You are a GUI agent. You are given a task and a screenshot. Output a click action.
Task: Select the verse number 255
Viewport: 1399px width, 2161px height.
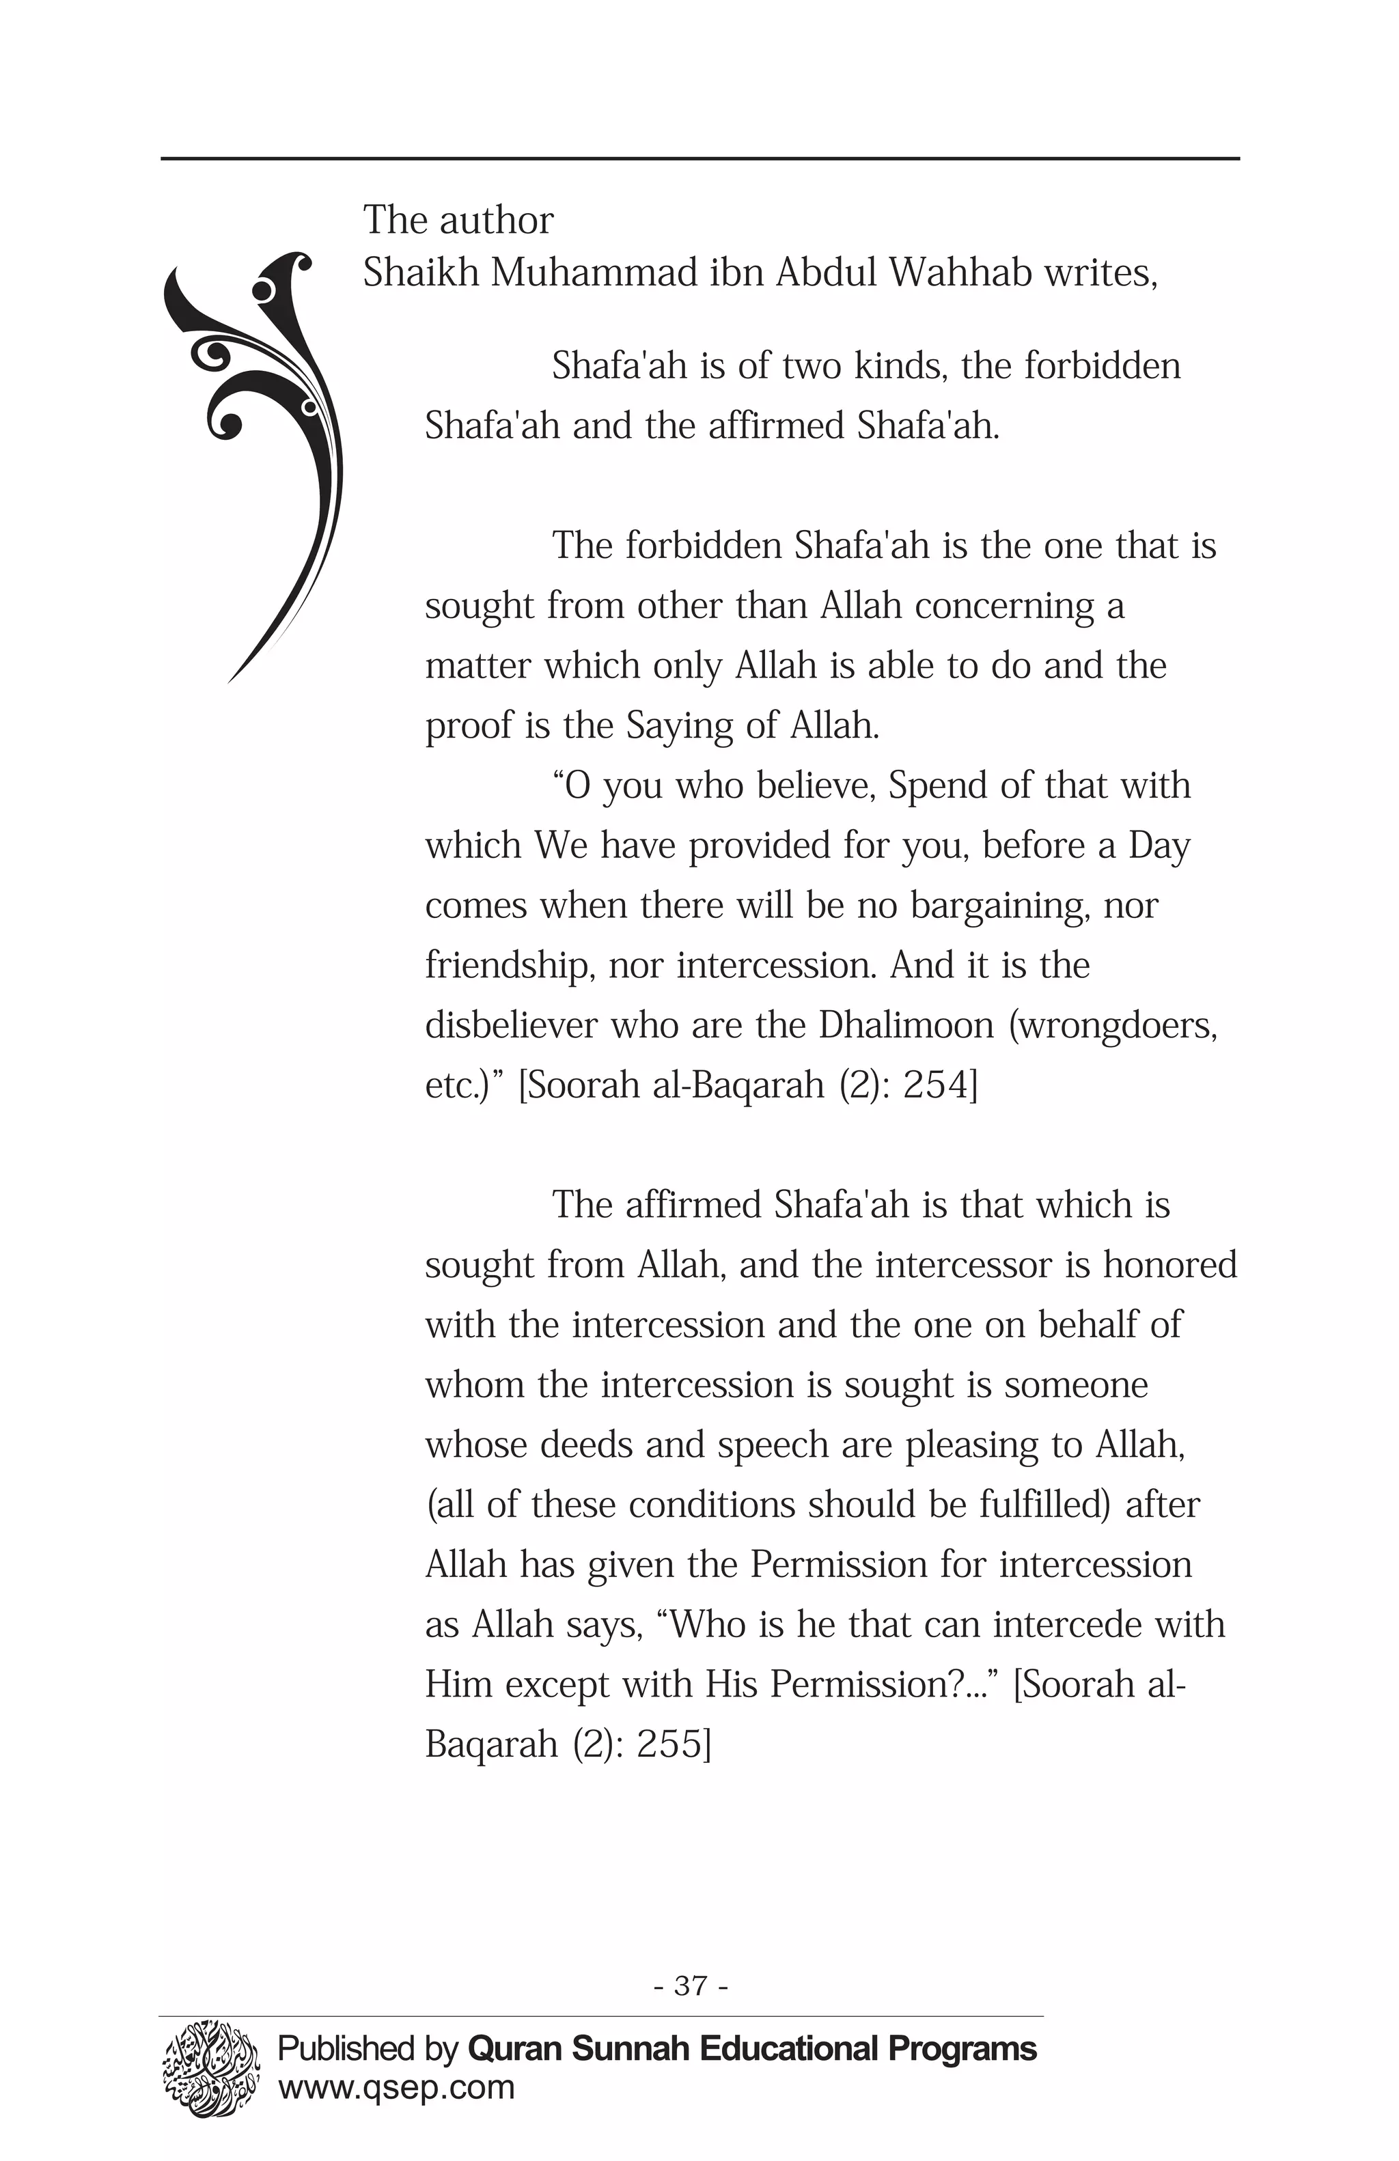coord(673,1744)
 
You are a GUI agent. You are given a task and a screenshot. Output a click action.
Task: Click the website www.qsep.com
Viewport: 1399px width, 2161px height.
coord(396,2089)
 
